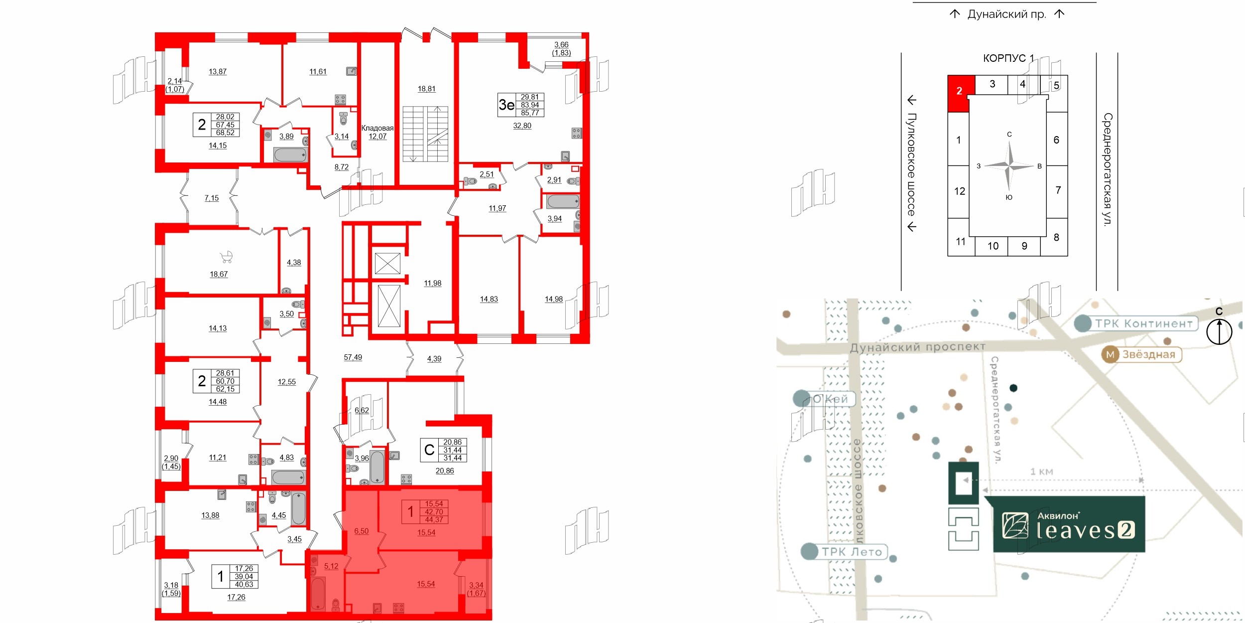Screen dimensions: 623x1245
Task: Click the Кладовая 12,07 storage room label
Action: click(x=377, y=132)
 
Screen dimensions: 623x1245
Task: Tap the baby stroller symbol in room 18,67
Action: click(x=227, y=257)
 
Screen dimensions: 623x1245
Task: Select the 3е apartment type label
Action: click(x=506, y=105)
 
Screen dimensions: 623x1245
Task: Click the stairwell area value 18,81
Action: click(x=426, y=89)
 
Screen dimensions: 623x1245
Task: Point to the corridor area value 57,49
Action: click(x=353, y=357)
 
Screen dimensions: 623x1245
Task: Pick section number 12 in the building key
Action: click(x=960, y=191)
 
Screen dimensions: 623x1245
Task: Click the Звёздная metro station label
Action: click(x=1148, y=354)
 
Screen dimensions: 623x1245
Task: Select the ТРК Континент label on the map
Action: click(x=1143, y=323)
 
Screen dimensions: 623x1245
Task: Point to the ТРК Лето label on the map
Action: click(x=852, y=552)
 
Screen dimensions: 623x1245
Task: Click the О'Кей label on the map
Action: click(x=830, y=399)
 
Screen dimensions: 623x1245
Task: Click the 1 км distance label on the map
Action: click(x=1041, y=471)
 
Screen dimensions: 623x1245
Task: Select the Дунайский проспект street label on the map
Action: click(x=917, y=347)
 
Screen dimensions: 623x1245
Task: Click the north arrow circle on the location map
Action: click(x=1219, y=331)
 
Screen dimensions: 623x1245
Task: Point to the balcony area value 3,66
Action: click(x=561, y=45)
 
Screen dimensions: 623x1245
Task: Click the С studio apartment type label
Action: click(x=429, y=450)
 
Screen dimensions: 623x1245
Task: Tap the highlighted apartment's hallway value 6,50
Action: click(x=361, y=531)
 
